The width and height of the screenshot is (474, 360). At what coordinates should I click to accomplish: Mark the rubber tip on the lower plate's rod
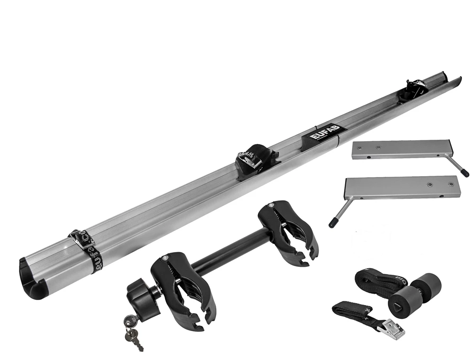[333, 220]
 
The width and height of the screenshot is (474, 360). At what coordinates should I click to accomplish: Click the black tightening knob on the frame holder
[140, 293]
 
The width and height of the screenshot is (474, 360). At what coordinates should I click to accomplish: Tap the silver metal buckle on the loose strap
[393, 328]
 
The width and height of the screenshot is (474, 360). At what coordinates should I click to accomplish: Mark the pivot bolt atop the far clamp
[270, 206]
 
